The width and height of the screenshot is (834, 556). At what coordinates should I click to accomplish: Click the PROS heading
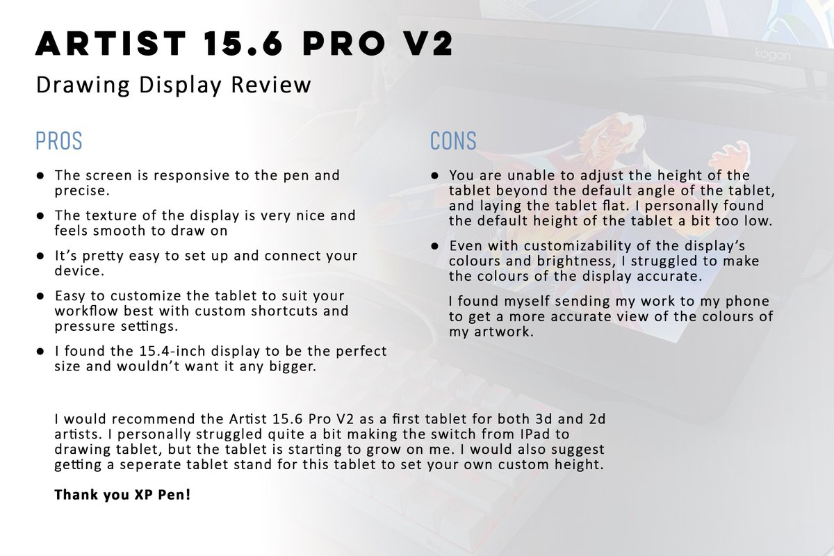(58, 141)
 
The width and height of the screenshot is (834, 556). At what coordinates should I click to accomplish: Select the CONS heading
(453, 141)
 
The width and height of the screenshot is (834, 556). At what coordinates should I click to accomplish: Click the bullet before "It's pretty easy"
(41, 256)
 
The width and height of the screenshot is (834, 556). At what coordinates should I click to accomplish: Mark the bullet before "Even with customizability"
(434, 247)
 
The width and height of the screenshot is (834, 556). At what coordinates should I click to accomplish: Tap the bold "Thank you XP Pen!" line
(122, 496)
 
